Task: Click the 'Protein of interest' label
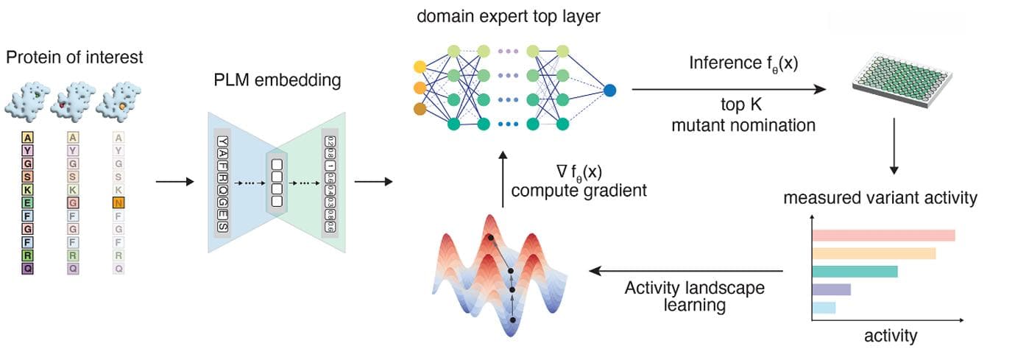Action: click(x=74, y=57)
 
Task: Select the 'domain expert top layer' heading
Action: click(x=507, y=15)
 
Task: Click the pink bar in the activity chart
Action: click(x=883, y=236)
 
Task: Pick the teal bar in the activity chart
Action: click(x=855, y=271)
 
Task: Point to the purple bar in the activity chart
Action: click(x=831, y=289)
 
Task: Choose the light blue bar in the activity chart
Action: click(x=824, y=307)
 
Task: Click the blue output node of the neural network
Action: click(x=609, y=91)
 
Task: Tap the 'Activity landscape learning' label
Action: click(x=694, y=295)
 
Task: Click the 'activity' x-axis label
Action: click(x=890, y=336)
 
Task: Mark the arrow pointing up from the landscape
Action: click(x=502, y=180)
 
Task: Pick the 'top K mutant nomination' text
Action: click(x=743, y=114)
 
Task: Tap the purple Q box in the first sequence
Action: click(x=28, y=269)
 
